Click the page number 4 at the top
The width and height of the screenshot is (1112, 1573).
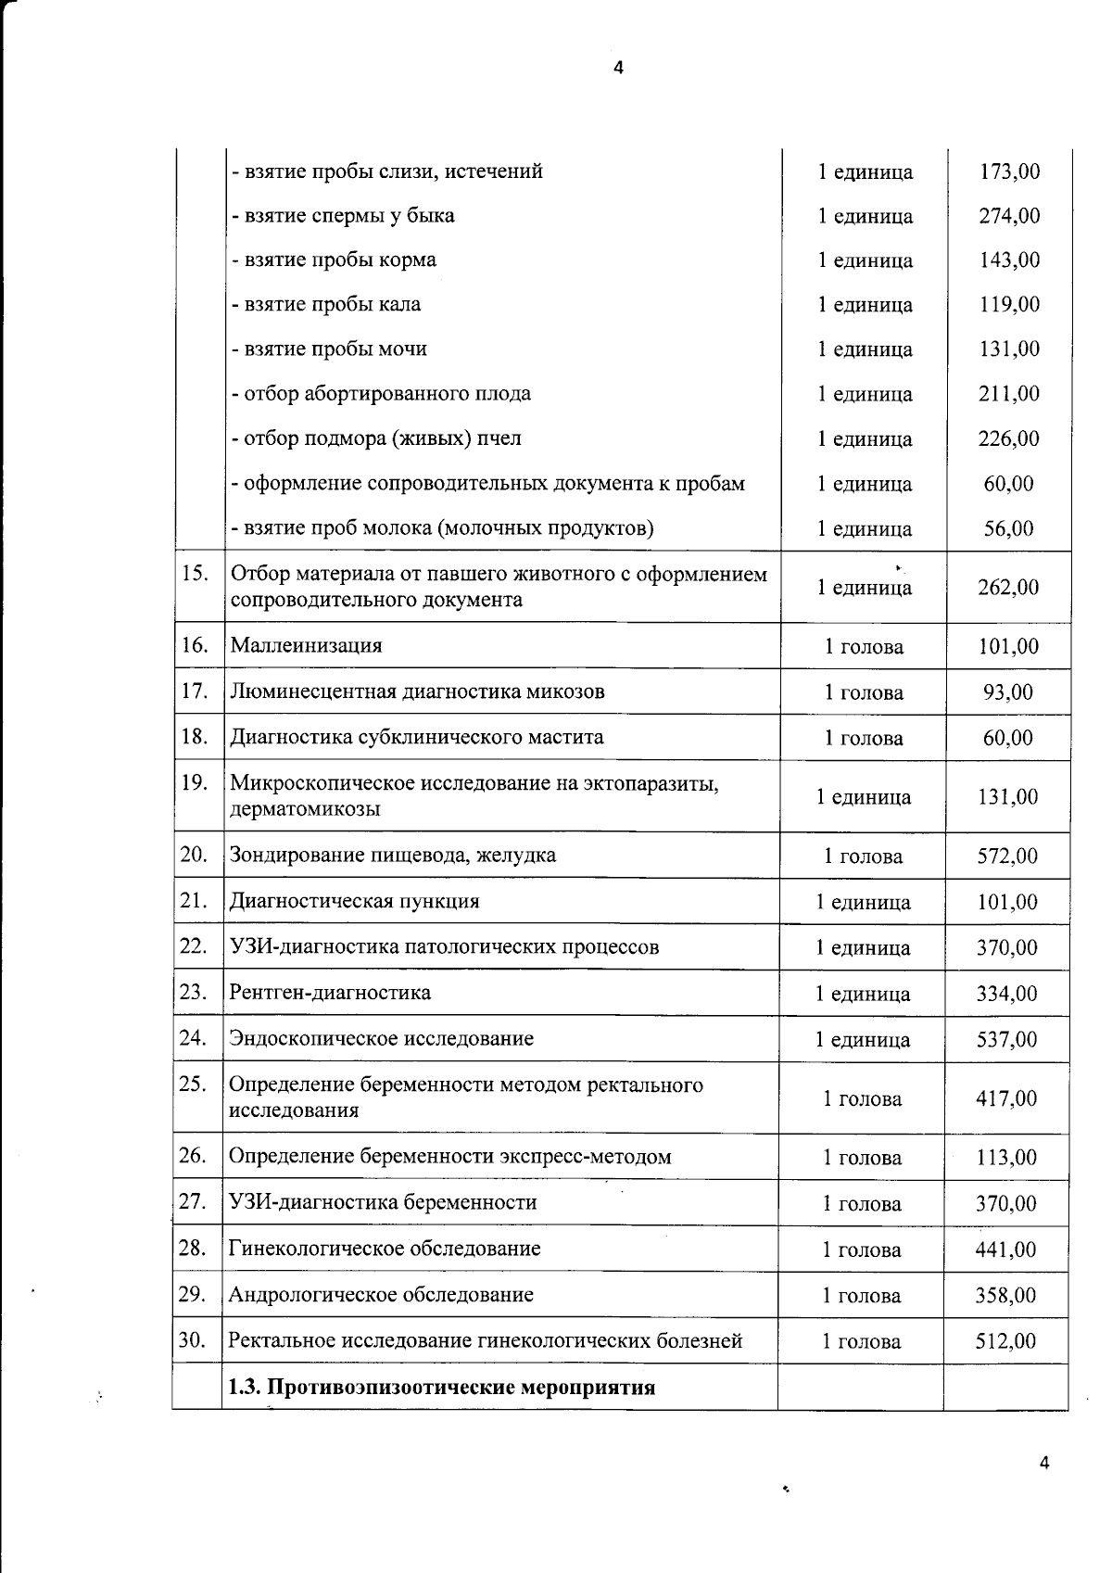click(619, 67)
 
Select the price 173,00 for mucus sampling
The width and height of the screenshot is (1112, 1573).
click(1009, 171)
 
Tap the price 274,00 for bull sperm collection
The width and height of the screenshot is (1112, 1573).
click(1009, 216)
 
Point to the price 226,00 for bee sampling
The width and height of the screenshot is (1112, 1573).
click(1009, 438)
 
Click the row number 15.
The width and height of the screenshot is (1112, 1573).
click(195, 573)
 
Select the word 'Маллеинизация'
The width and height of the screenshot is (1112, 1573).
click(306, 646)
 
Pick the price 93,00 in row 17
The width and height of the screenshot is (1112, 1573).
click(1008, 692)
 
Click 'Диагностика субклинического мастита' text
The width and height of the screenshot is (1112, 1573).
click(416, 738)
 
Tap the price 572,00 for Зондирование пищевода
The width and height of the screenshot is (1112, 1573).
click(1008, 856)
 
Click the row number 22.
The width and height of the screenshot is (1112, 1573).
click(193, 946)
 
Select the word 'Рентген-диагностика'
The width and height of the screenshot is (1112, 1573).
click(330, 993)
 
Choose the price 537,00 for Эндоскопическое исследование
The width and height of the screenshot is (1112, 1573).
click(1007, 1039)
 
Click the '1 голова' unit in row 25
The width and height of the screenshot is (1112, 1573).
click(863, 1098)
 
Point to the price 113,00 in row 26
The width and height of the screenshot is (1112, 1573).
click(1006, 1158)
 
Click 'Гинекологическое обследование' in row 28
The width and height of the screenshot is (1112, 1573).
click(385, 1249)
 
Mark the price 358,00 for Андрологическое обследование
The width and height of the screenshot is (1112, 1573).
click(1005, 1295)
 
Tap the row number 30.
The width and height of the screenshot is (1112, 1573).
click(192, 1340)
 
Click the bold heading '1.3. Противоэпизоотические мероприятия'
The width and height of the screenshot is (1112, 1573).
click(442, 1388)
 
